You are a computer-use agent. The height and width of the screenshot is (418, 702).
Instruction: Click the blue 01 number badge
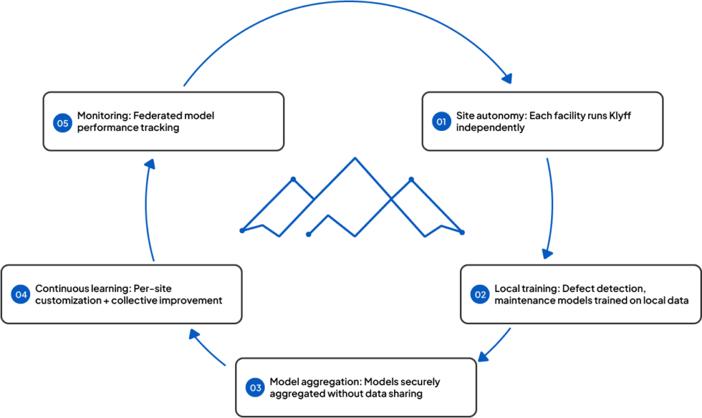441,122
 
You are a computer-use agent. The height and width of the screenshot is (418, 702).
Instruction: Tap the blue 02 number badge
480,295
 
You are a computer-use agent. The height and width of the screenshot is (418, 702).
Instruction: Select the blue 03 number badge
255,388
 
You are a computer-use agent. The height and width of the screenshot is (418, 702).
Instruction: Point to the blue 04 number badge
21,295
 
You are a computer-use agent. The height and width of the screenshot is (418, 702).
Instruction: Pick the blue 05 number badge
62,123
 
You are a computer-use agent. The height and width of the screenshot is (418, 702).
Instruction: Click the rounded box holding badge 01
542,121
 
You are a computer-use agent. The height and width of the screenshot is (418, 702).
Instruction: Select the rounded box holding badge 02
580,294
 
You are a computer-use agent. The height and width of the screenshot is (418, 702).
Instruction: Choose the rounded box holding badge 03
356,387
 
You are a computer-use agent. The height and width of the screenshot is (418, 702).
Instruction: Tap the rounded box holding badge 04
121,294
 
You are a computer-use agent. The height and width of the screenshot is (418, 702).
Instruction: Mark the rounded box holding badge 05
163,121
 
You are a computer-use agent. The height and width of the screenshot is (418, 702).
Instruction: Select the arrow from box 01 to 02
551,206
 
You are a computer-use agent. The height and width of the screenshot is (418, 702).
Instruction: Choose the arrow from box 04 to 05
147,212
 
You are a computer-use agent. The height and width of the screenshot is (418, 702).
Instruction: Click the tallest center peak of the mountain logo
354,159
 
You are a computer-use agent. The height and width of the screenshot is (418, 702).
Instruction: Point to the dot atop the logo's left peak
293,179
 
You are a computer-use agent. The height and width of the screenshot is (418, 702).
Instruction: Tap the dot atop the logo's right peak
411,179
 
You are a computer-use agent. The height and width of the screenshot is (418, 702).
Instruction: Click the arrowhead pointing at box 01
507,77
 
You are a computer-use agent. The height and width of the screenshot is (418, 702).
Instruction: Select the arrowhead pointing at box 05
150,164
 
